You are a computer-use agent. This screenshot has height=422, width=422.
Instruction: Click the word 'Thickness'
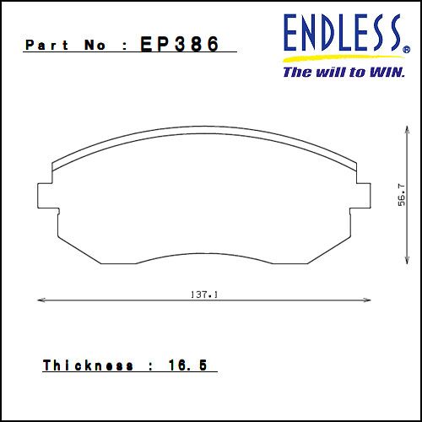pos(88,365)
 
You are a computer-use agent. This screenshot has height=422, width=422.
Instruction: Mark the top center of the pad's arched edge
pos(205,133)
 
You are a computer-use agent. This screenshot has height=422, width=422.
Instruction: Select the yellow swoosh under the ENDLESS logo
pos(338,59)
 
